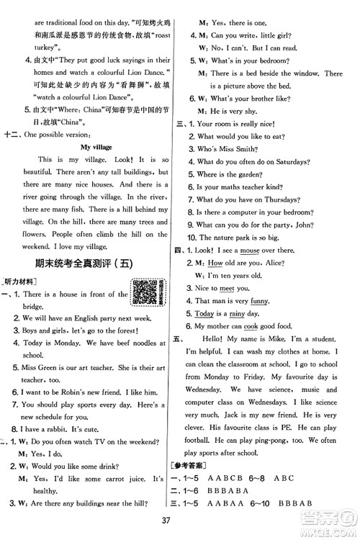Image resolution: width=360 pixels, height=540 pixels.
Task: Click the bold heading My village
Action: [96, 147]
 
